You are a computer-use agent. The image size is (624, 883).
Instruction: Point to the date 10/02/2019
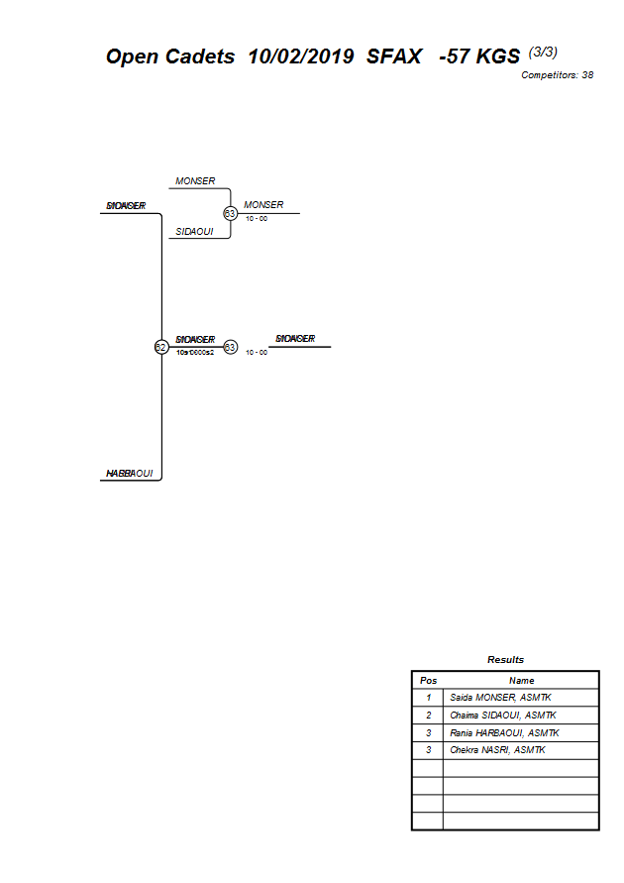301,57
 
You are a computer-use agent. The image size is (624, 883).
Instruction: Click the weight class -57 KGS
479,57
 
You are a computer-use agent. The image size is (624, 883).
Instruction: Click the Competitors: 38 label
558,75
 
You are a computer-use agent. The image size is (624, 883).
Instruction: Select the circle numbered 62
160,347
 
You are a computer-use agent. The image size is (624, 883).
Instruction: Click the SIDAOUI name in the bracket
194,232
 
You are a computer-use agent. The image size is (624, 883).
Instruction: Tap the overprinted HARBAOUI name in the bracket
130,474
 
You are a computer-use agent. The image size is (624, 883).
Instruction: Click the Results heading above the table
505,659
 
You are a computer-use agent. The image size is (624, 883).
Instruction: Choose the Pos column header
428,681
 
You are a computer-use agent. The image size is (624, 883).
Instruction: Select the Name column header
521,681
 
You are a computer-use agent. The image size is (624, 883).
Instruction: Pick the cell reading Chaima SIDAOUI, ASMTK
502,716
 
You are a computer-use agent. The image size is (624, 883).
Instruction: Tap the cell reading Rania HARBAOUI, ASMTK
504,733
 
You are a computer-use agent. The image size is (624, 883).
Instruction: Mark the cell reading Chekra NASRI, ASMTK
496,750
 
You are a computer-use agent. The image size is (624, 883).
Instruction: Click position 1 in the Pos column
428,698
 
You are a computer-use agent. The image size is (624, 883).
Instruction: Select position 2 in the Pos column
428,716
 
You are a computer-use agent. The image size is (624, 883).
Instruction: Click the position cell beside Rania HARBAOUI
428,733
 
